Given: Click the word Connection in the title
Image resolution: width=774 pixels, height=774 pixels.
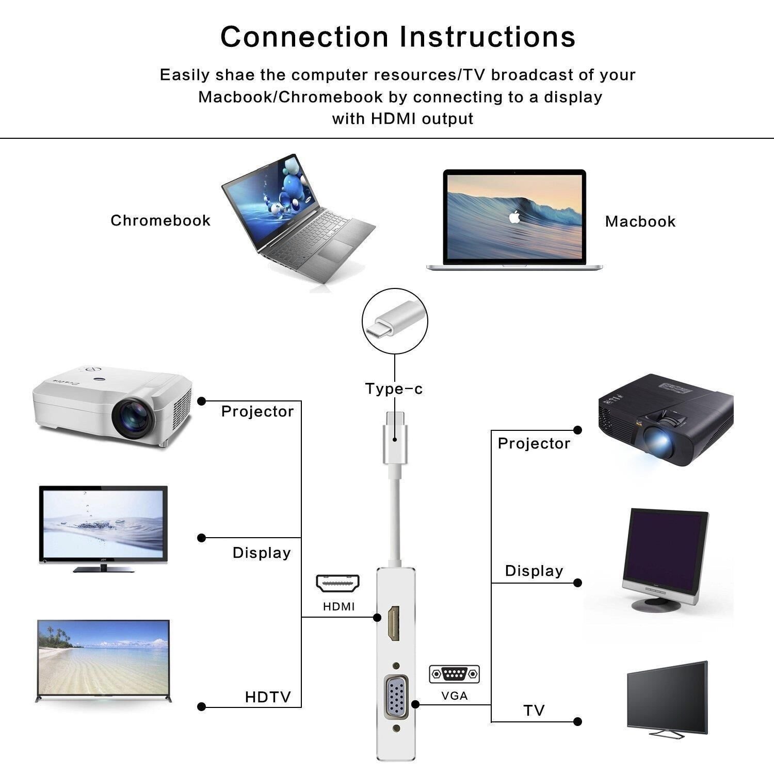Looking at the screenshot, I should [304, 37].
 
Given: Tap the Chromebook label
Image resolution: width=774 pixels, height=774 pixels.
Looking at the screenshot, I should [160, 221].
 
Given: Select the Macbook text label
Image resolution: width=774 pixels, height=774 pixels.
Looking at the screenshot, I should [640, 222].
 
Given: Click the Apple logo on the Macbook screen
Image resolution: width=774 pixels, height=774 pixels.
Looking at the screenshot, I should [514, 217].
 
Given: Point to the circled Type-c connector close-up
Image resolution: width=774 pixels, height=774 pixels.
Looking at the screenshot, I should [395, 321].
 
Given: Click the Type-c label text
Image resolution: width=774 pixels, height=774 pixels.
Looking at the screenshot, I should [394, 389].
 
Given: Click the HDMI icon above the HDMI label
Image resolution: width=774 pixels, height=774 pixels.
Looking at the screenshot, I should [338, 584].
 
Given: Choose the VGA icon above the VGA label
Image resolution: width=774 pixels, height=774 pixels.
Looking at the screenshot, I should [454, 674].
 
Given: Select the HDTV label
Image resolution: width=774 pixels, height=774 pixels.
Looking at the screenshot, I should [268, 698].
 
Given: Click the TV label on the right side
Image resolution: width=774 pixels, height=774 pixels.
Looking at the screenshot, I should [534, 711].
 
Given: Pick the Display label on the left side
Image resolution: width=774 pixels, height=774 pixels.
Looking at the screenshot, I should [262, 553].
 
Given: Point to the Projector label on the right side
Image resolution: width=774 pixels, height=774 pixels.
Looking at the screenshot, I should [534, 444].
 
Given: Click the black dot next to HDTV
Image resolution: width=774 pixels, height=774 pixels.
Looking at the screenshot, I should [202, 707].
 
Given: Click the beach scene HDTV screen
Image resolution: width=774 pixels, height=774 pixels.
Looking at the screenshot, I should [103, 658].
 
